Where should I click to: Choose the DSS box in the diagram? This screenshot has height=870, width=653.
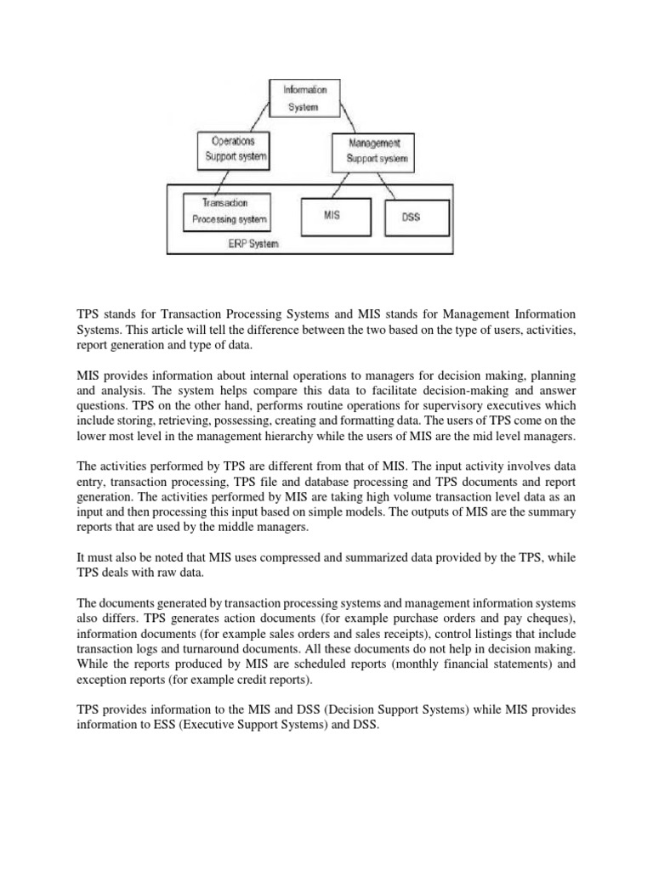pyautogui.click(x=411, y=217)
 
